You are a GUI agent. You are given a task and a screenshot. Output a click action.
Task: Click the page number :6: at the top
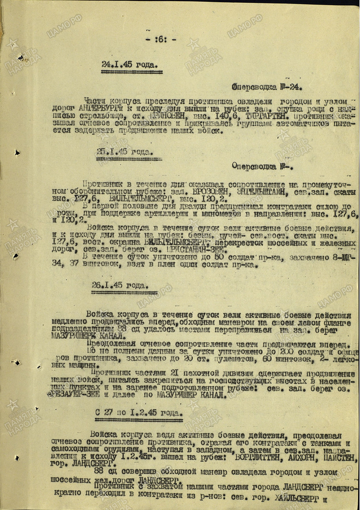pos(165,39)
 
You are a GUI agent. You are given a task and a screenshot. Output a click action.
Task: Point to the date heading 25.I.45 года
pos(125,152)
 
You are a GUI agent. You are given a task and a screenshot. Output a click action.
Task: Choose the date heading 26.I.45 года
pos(118,285)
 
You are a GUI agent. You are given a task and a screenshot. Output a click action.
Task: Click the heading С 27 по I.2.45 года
pos(132,413)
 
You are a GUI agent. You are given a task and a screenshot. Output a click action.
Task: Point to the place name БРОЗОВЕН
pos(211,193)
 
